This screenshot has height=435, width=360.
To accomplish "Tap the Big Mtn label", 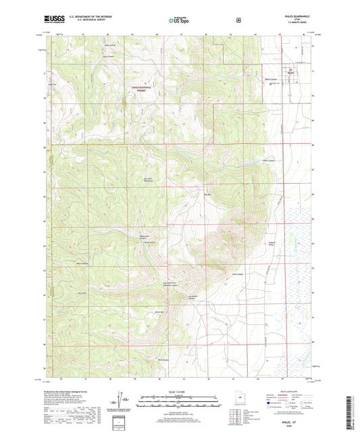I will (x=209, y=195).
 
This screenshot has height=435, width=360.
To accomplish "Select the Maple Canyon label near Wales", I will (x=272, y=79).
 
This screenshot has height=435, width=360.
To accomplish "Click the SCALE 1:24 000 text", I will (x=179, y=393).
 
